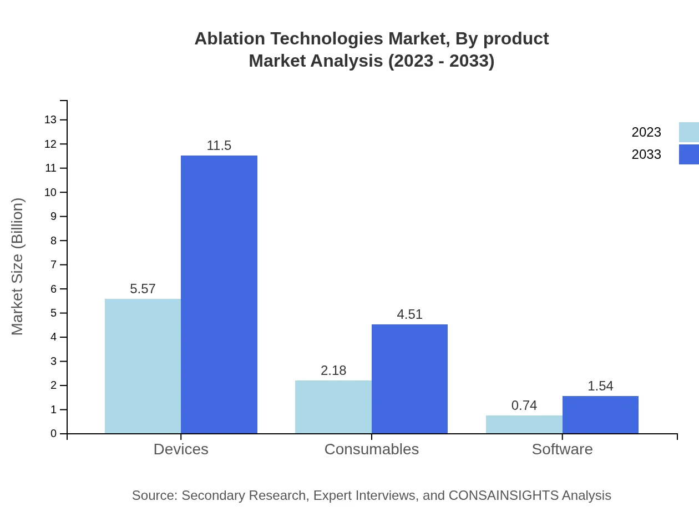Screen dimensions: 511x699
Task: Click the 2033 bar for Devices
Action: click(x=219, y=294)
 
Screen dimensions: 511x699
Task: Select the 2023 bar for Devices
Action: click(x=143, y=366)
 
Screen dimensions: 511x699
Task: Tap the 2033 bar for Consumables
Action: click(x=409, y=379)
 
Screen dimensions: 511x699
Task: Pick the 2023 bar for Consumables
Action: click(x=333, y=407)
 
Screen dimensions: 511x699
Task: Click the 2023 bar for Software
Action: click(x=524, y=424)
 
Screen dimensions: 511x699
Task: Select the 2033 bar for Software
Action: click(x=600, y=414)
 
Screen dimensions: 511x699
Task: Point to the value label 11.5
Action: click(x=219, y=146)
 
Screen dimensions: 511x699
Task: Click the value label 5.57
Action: click(x=143, y=289)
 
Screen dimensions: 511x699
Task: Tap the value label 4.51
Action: click(x=409, y=314)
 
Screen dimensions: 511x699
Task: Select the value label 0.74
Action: click(x=524, y=405)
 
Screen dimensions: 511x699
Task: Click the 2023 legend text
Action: click(x=646, y=132)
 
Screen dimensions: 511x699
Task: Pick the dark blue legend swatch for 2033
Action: click(x=688, y=154)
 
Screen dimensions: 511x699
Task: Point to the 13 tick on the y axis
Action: click(x=50, y=119)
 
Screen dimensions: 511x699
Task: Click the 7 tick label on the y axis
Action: click(x=54, y=265)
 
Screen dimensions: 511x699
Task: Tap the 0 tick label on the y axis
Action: click(x=54, y=434)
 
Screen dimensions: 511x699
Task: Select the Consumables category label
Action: click(x=372, y=449)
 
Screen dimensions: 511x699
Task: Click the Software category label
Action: click(x=562, y=449)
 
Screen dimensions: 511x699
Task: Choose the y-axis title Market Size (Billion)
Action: click(x=17, y=267)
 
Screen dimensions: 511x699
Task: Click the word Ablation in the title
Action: click(x=230, y=39)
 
